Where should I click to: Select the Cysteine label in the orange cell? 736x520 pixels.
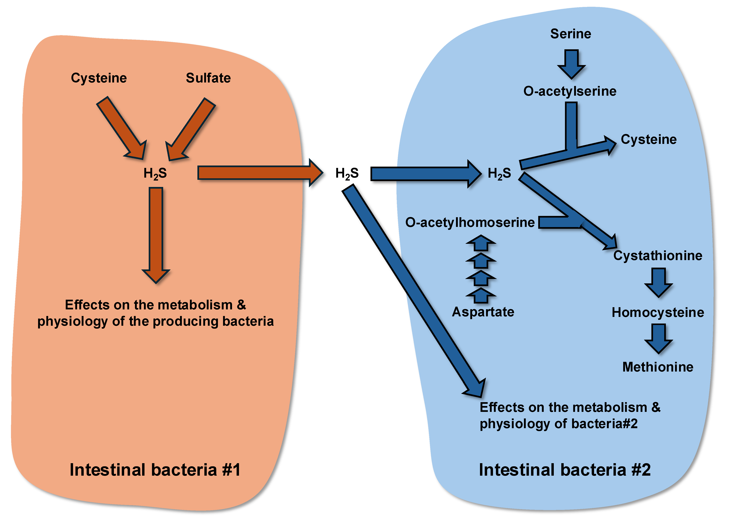point(99,78)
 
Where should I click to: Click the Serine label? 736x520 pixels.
point(571,34)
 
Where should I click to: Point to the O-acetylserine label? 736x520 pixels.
point(570,91)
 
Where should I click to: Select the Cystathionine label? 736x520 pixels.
point(657,256)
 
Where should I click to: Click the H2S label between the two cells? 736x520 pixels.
point(347,173)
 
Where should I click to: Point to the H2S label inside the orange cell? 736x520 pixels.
point(155,173)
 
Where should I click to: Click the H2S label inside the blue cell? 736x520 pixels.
point(499,173)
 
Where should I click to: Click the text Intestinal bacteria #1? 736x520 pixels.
point(155,470)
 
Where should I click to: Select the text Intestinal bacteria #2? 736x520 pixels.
point(565,470)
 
